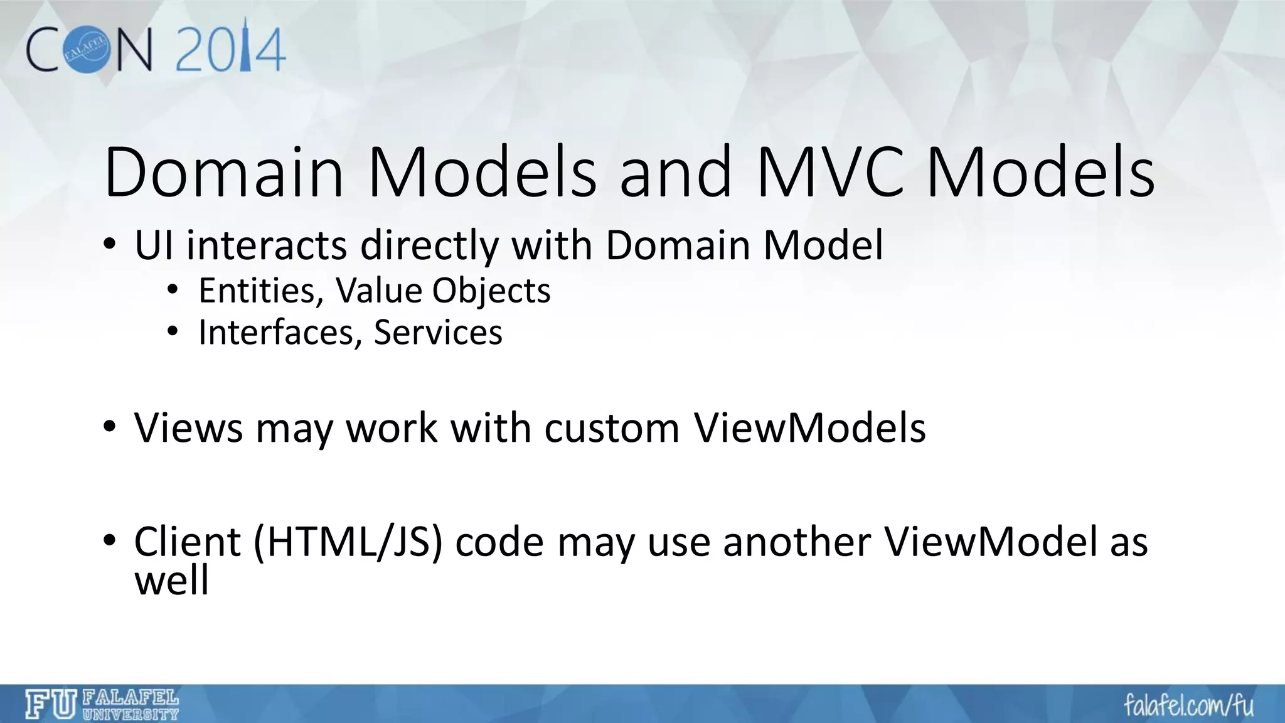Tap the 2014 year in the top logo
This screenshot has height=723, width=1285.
pyautogui.click(x=231, y=48)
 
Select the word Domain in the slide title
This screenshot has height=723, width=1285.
pyautogui.click(x=224, y=172)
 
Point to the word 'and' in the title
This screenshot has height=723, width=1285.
pyautogui.click(x=676, y=172)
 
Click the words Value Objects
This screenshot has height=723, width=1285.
pyautogui.click(x=443, y=291)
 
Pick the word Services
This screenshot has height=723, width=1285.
pyautogui.click(x=438, y=332)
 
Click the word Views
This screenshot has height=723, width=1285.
pyautogui.click(x=189, y=428)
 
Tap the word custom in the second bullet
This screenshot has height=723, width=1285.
pyautogui.click(x=612, y=428)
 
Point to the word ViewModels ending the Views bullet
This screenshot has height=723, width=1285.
pyautogui.click(x=809, y=428)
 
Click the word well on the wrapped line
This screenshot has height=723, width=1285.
pyautogui.click(x=171, y=581)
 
